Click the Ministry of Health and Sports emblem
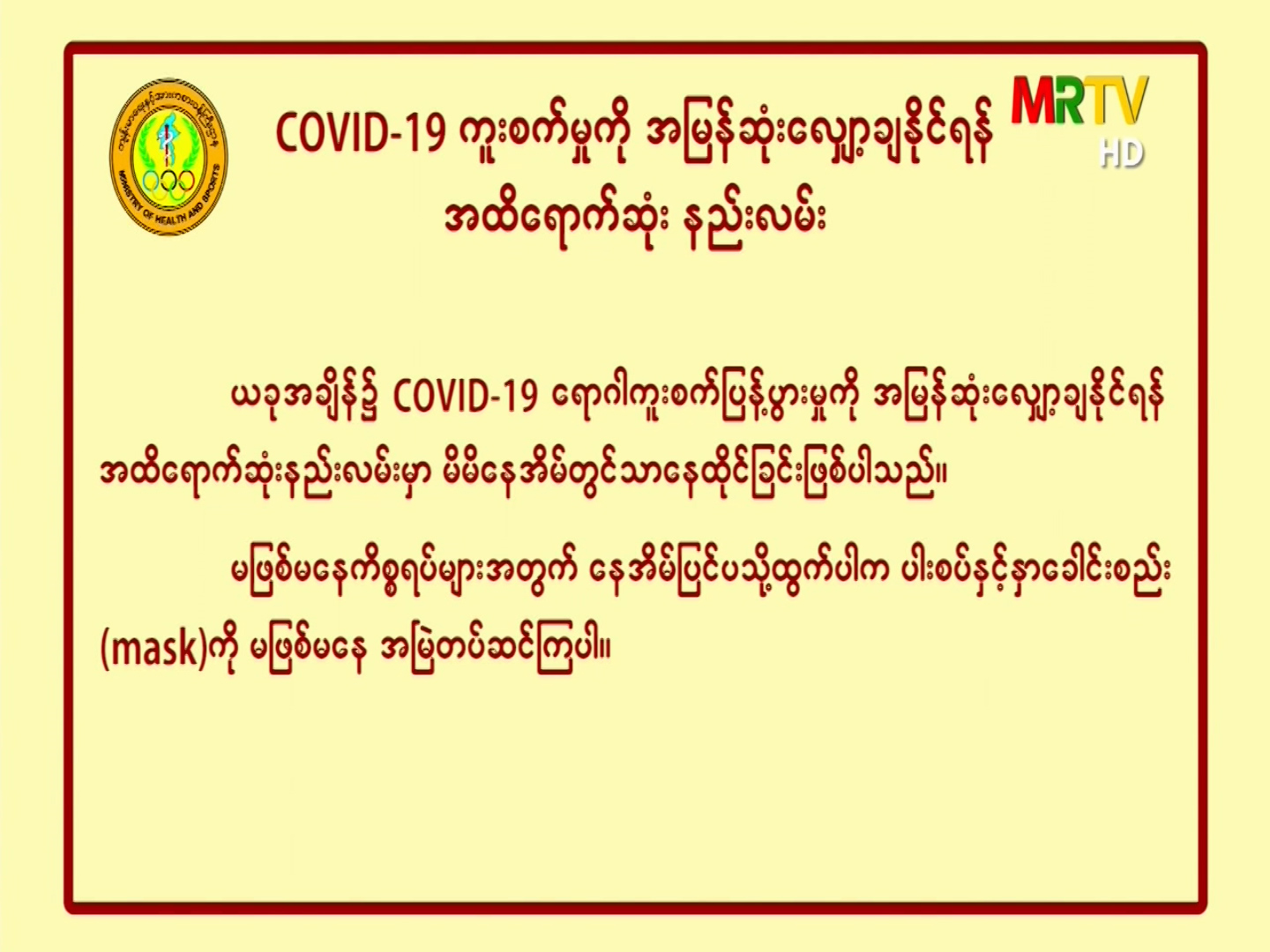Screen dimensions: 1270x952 pyautogui.click(x=169, y=156)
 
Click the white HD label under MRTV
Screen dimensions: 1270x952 pyautogui.click(x=1121, y=153)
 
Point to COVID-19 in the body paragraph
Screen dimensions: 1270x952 pyautogui.click(x=466, y=398)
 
